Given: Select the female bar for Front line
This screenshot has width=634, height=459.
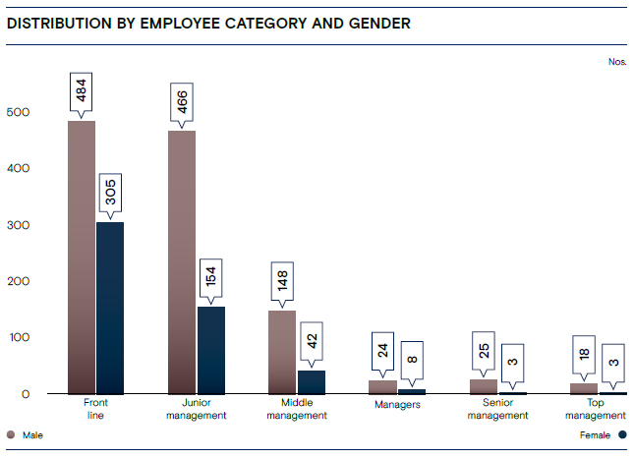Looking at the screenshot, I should [110, 308].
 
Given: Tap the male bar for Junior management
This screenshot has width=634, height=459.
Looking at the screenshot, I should [182, 262].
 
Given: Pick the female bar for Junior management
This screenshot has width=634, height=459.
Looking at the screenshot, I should [211, 350].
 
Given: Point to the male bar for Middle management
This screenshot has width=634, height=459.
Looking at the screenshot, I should [282, 352].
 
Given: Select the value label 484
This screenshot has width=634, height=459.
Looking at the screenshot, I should [82, 95].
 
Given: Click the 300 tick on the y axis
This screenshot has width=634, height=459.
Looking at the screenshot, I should [21, 225].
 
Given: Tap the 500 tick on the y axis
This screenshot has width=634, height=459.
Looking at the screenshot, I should [21, 113].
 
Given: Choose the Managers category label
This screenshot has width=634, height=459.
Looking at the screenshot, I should [397, 404].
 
